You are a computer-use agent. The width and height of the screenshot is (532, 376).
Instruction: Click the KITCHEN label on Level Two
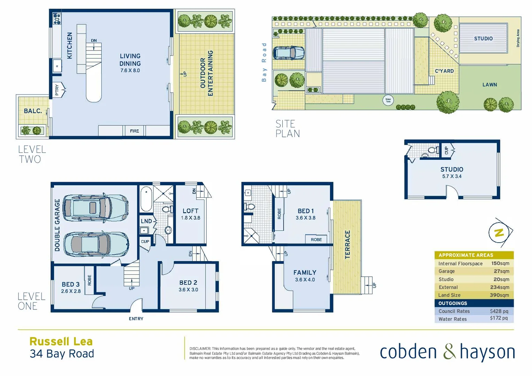point(70,46)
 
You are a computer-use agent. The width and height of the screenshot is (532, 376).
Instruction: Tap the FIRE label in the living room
point(134,131)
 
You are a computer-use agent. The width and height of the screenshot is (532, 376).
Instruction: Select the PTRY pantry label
point(57,90)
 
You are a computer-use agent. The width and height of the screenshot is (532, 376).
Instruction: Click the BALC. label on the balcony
point(33,111)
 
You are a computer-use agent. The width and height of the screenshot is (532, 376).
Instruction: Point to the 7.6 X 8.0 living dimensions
point(130,70)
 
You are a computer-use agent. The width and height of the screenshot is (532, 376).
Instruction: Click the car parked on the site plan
point(288,53)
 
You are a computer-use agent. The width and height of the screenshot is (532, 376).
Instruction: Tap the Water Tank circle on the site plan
point(388,100)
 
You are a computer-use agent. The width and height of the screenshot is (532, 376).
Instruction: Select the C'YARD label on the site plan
point(444,71)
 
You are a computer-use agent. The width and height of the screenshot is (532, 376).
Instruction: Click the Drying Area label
point(518,38)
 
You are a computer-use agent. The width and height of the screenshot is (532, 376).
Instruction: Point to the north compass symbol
point(500,233)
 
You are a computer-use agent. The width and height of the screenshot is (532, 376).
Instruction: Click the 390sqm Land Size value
point(499,295)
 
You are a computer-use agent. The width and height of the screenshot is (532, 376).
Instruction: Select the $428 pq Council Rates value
point(499,311)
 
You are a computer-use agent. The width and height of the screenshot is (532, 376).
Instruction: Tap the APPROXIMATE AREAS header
point(465,255)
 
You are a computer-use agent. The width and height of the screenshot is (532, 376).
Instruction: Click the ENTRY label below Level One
point(136,319)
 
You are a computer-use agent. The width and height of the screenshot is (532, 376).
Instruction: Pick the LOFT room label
point(190,211)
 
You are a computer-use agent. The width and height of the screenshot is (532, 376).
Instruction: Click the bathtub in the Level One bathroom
point(146,199)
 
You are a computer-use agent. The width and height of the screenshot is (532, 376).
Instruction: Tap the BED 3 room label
point(71,284)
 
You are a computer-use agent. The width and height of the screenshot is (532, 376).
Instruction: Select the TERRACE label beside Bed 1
point(347,244)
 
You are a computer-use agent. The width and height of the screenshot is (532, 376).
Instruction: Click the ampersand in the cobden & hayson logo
point(449,352)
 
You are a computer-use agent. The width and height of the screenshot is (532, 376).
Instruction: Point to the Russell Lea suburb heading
point(61,342)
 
